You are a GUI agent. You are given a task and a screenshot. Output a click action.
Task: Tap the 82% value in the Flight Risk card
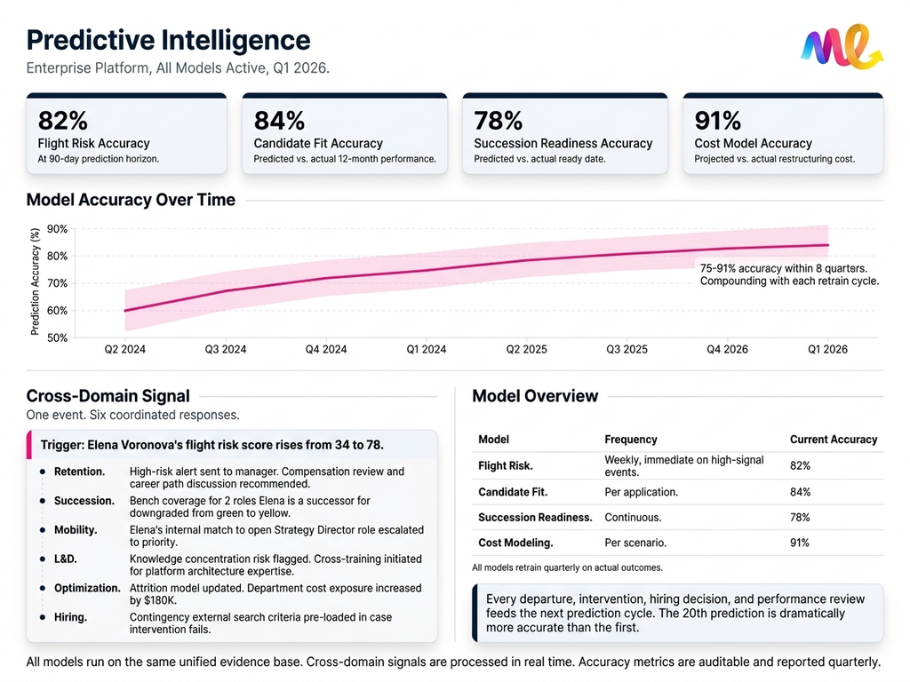click(62, 121)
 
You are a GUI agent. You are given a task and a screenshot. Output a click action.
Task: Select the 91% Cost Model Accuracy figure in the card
click(719, 121)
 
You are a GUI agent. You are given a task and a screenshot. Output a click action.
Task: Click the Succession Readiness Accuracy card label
click(563, 144)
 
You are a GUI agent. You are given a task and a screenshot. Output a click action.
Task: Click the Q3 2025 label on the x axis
click(627, 350)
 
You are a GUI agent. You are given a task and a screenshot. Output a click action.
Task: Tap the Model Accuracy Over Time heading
click(131, 200)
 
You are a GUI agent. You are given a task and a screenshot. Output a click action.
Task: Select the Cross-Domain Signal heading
click(108, 396)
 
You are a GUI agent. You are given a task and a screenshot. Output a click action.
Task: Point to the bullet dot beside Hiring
click(43, 617)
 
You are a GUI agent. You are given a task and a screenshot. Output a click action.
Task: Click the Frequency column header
click(630, 440)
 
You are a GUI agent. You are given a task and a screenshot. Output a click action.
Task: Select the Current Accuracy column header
click(833, 440)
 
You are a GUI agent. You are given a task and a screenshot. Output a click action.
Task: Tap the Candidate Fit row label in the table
click(513, 492)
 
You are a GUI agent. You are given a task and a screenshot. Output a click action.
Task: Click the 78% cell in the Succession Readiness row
click(800, 517)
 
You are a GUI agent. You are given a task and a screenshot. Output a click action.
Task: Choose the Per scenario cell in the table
click(635, 543)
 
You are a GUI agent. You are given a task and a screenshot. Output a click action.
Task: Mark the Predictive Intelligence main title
click(169, 40)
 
